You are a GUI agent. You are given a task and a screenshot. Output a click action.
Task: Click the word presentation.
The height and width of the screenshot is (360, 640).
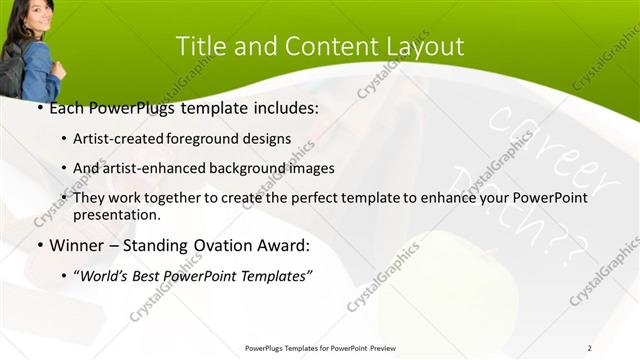pyautogui.click(x=117, y=215)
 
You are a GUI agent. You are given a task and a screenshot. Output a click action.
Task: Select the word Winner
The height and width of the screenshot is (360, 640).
pyautogui.click(x=71, y=245)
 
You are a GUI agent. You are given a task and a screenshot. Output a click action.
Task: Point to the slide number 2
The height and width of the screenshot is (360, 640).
pyautogui.click(x=590, y=347)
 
